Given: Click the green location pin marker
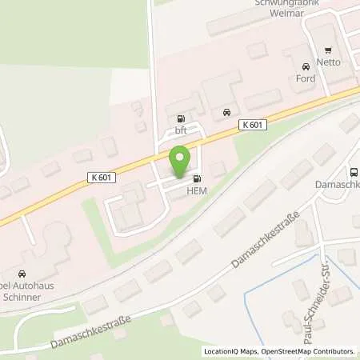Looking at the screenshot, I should [181, 161].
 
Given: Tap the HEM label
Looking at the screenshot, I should [197, 189].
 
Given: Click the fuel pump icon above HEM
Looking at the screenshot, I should [197, 178].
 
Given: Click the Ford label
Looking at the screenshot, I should [305, 78].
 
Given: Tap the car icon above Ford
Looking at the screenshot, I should [305, 67].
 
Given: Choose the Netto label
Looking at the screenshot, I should [330, 61].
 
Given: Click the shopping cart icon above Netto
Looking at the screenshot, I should [330, 50].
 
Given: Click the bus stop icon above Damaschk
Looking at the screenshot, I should [353, 171].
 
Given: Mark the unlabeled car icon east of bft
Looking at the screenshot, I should [227, 112].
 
